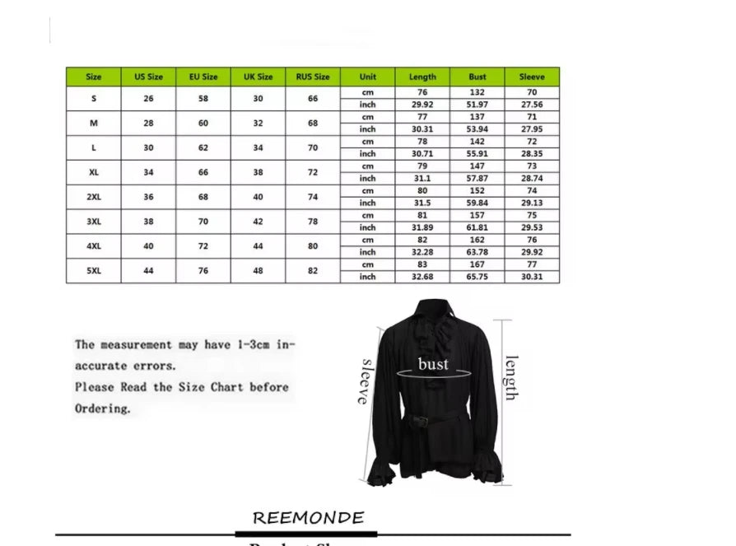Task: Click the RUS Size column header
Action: coord(313,77)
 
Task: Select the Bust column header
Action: coord(477,77)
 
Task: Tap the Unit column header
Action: coord(368,77)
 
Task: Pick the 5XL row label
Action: coord(94,271)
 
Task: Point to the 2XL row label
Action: coord(94,197)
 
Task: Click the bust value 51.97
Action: coord(477,105)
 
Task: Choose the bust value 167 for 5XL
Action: coord(477,264)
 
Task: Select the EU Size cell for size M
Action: coord(203,123)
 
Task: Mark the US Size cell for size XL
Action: coord(148,172)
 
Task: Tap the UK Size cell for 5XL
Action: coord(258,271)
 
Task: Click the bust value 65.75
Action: coord(477,277)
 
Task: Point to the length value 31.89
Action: coord(422,227)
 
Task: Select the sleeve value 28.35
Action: coord(532,154)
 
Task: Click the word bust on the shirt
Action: coord(433,364)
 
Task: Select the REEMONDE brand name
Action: coord(308,518)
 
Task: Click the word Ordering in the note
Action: coord(103,408)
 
